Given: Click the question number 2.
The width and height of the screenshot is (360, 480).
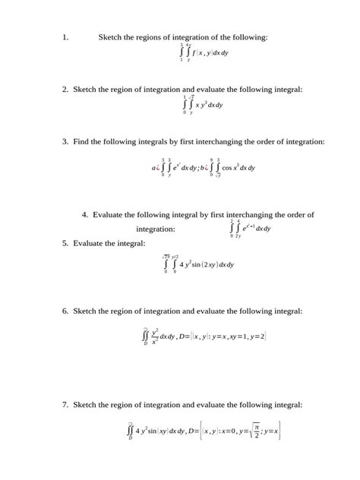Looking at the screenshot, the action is (66, 90).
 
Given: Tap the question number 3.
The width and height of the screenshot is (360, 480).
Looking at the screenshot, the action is (66, 142).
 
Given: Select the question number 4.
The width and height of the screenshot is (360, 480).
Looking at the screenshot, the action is (84, 215).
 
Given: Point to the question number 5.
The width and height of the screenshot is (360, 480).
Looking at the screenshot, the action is (66, 243).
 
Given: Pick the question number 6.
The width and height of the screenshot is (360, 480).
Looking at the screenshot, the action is (66, 311).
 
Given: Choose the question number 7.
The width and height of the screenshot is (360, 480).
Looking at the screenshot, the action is (66, 405).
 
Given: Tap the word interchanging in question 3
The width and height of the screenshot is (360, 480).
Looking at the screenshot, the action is (223, 142).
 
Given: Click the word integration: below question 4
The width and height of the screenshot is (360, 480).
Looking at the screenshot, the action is (155, 229).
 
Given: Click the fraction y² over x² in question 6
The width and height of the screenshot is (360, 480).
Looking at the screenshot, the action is (155, 336).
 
